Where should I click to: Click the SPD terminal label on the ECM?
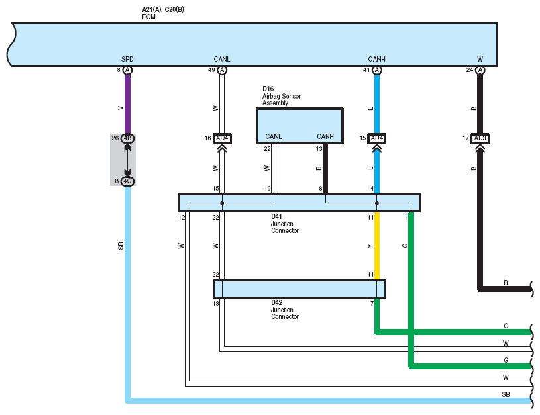pyautogui.click(x=127, y=59)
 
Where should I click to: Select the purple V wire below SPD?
pyautogui.click(x=127, y=105)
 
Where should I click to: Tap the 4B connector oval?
pyautogui.click(x=127, y=138)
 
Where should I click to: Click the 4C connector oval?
pyautogui.click(x=127, y=181)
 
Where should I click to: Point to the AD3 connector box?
pyautogui.click(x=480, y=138)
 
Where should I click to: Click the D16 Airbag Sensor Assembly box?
pyautogui.click(x=299, y=126)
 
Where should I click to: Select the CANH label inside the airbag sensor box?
pyautogui.click(x=325, y=136)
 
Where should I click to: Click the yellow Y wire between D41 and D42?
pyautogui.click(x=377, y=246)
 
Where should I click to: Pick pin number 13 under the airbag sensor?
pyautogui.click(x=319, y=149)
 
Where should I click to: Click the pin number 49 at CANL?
pyautogui.click(x=211, y=70)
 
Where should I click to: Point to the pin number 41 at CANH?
pyautogui.click(x=366, y=70)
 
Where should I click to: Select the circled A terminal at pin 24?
pyautogui.click(x=480, y=70)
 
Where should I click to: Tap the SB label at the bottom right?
pyautogui.click(x=506, y=394)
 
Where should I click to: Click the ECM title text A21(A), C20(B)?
pyautogui.click(x=163, y=9)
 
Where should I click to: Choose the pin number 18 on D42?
pyautogui.click(x=215, y=304)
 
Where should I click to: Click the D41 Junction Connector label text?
pyautogui.click(x=285, y=224)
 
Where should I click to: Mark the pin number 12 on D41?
pyautogui.click(x=182, y=218)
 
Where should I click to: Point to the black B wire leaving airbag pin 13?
pyautogui.click(x=325, y=169)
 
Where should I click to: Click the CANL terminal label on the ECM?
pyautogui.click(x=222, y=59)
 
